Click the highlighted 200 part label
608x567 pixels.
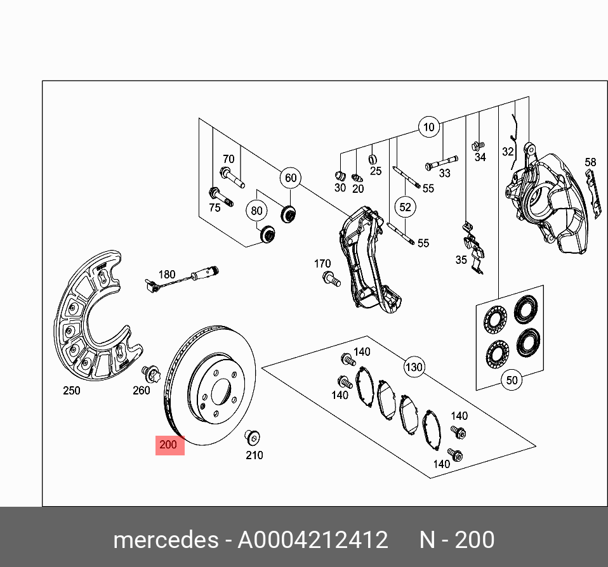(x=169, y=445)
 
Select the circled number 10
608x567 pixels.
(x=429, y=127)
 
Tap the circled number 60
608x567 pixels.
(x=291, y=178)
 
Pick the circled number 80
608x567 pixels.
(x=256, y=211)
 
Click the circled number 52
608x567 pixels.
(x=405, y=207)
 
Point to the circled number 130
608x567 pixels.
(x=414, y=367)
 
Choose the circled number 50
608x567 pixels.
(x=512, y=381)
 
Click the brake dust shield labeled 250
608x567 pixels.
(x=95, y=317)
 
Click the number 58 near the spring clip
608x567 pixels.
(x=590, y=163)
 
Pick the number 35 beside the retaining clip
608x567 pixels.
(x=461, y=260)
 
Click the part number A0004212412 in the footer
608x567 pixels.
(x=312, y=540)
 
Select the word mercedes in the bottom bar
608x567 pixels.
(x=165, y=540)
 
